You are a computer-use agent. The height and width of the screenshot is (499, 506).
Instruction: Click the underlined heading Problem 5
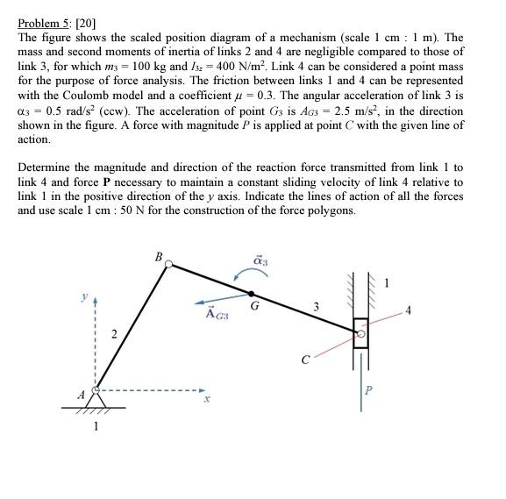pos(43,25)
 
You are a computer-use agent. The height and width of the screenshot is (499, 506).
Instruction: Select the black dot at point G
pos(252,294)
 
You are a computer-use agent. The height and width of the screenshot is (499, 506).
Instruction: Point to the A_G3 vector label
pos(216,313)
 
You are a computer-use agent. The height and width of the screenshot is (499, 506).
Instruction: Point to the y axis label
pos(84,297)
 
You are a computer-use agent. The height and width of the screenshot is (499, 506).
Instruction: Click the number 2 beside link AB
pos(111,333)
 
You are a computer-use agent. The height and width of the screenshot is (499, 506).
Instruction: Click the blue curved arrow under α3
pos(246,275)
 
